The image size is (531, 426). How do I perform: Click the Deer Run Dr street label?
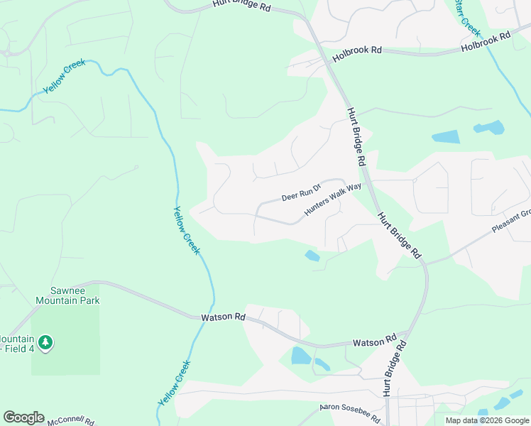click(x=302, y=192)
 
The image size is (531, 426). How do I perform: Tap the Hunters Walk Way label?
click(x=333, y=200)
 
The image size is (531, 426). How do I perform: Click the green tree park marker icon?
click(x=46, y=343)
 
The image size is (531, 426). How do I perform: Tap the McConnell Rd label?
click(x=71, y=421)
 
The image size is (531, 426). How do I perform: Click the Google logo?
click(x=23, y=417)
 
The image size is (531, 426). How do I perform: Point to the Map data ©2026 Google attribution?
click(x=487, y=420)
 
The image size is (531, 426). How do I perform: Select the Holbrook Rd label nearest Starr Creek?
click(x=486, y=42)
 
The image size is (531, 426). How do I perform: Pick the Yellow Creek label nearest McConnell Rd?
click(x=174, y=383)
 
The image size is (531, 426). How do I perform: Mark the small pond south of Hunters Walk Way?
click(x=312, y=256)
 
